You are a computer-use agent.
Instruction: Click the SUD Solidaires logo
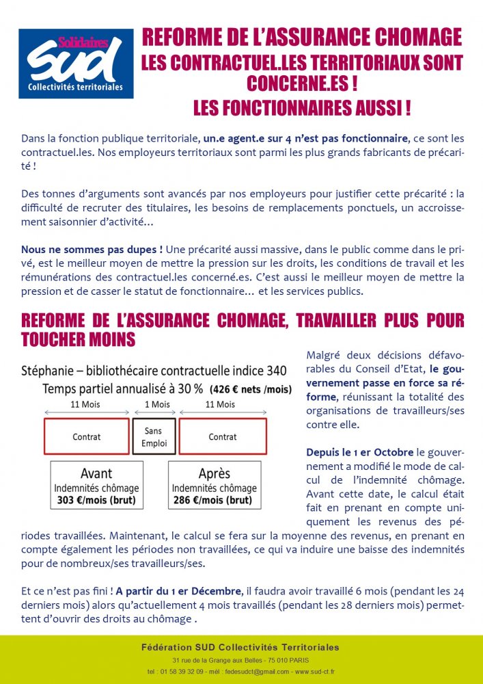coord(76,64)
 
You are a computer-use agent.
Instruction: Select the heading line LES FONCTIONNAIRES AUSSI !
coord(301,108)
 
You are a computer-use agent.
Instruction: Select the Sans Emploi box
coord(154,436)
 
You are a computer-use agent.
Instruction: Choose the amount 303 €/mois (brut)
coord(96,499)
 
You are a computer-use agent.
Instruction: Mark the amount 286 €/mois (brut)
coord(214,499)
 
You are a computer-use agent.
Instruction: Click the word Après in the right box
coord(214,474)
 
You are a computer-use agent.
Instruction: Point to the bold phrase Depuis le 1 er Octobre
coord(360,453)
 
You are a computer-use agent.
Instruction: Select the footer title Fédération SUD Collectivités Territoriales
coord(240,647)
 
